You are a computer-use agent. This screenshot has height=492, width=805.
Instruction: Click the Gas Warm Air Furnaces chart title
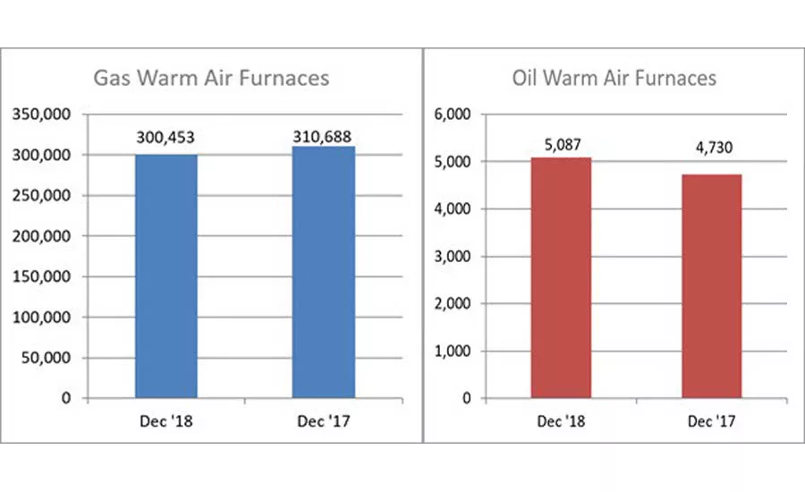click(x=212, y=78)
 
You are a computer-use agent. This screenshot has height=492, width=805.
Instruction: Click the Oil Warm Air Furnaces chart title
click(x=614, y=78)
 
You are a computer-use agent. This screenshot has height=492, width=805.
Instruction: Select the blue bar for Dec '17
click(x=324, y=272)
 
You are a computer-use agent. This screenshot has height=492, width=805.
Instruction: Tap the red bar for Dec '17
click(x=711, y=286)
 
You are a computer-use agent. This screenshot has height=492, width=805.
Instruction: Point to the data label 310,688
click(x=324, y=135)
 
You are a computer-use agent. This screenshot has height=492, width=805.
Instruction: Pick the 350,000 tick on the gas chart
click(x=44, y=115)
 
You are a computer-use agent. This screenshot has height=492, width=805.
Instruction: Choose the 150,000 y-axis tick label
click(x=44, y=276)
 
